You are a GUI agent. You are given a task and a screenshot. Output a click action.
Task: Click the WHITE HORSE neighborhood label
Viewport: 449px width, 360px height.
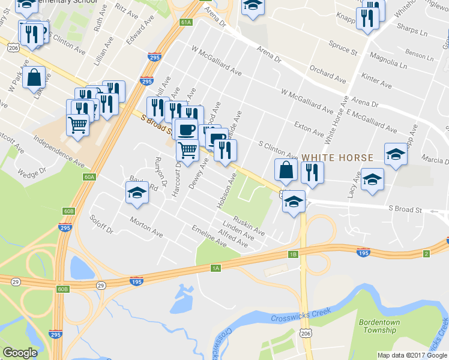(x=337, y=157)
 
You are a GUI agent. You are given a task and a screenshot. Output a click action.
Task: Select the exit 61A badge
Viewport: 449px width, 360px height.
(x=185, y=22)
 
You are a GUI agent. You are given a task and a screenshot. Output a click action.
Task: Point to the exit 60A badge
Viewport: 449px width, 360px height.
(x=89, y=176)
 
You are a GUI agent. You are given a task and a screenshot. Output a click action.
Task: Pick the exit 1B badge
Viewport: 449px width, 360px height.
(x=293, y=254)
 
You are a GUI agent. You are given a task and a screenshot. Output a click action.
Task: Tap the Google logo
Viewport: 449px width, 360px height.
(x=20, y=353)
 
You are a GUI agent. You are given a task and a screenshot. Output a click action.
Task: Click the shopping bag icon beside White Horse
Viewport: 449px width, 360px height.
(x=286, y=170)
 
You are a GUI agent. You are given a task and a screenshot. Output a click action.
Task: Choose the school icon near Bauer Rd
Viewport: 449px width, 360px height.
(x=137, y=193)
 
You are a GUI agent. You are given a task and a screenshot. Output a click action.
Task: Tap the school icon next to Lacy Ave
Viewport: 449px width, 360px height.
(x=372, y=179)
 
